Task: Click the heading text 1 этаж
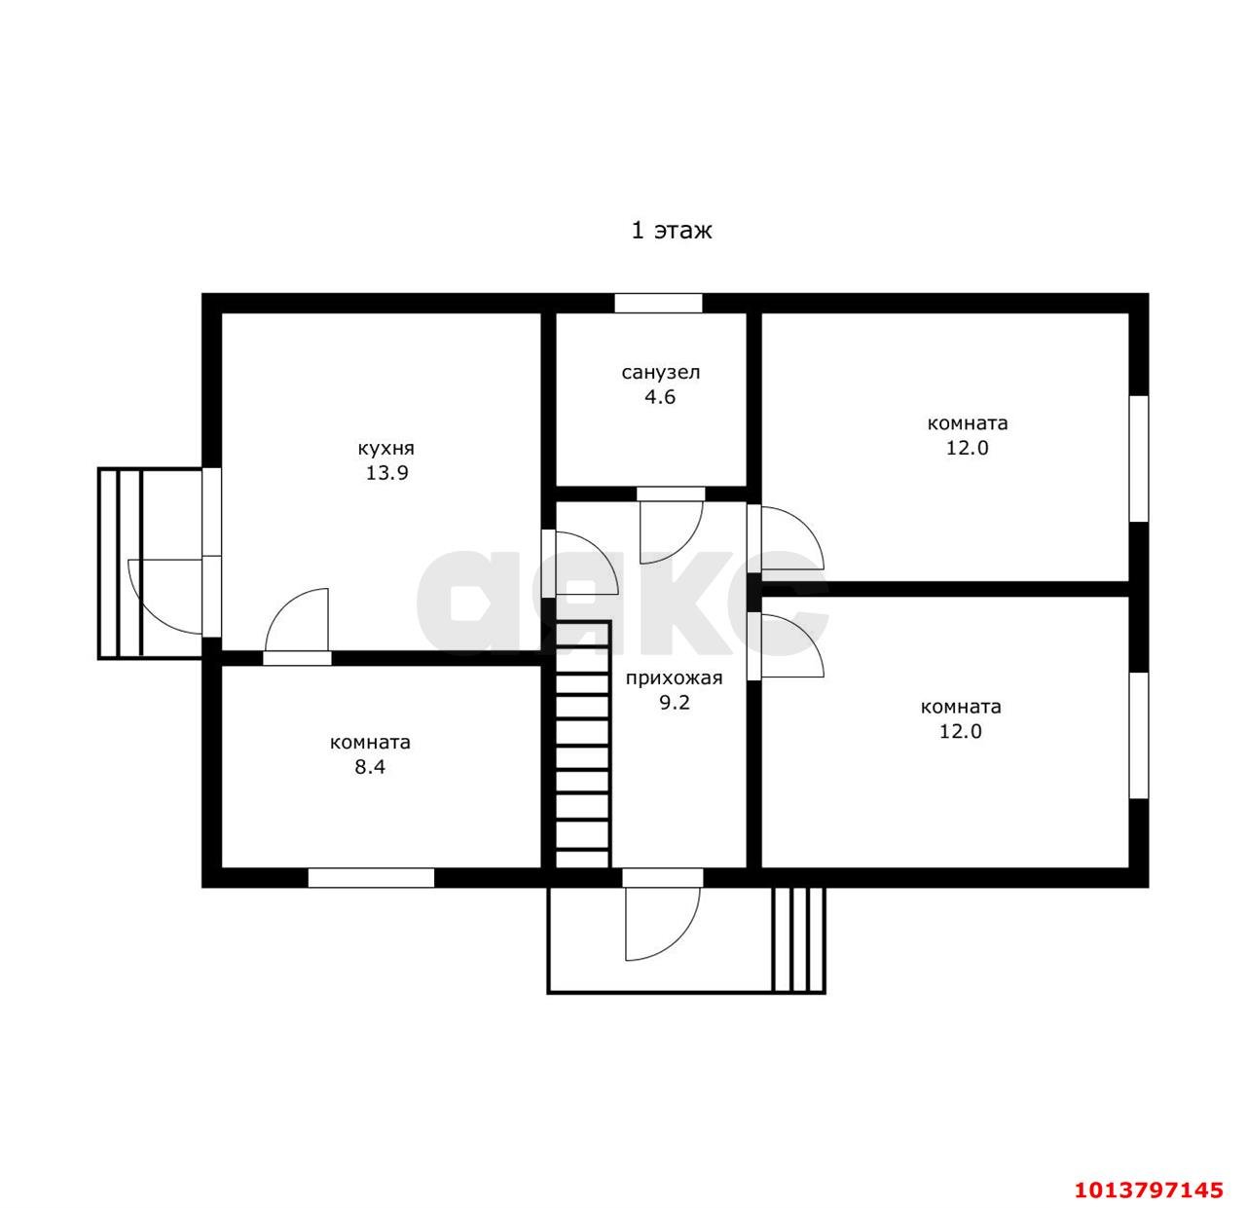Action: coord(671,230)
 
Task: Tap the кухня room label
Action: coord(386,448)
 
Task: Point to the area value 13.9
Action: coord(386,473)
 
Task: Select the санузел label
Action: coord(661,372)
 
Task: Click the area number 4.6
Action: coord(660,397)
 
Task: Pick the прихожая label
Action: coord(674,677)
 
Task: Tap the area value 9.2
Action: coord(675,703)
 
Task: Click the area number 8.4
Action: coord(370,767)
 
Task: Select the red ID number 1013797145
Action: coord(1148,1190)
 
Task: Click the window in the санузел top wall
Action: coord(658,303)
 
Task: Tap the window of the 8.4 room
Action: coord(372,878)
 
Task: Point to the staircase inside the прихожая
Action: coord(582,745)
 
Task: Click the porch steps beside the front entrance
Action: coord(798,939)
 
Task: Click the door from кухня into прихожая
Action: coord(579,564)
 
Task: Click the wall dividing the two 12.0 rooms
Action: coord(945,589)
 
